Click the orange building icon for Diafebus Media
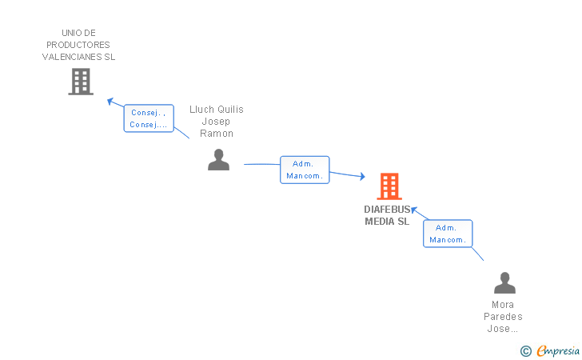click(389, 186)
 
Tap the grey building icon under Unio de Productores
click(81, 82)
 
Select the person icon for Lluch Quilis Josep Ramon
click(218, 160)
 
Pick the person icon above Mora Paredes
click(504, 282)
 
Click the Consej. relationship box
click(149, 118)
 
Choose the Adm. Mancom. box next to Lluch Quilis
click(305, 170)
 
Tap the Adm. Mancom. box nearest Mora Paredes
click(448, 234)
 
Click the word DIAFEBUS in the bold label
click(387, 210)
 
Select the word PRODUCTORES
click(78, 45)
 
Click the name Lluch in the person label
click(201, 110)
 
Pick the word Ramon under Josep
click(217, 134)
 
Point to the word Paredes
click(503, 317)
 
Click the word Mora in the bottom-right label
click(503, 305)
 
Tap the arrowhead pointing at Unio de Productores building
click(110, 101)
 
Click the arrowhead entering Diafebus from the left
click(362, 177)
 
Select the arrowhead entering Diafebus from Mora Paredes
click(414, 210)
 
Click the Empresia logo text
click(558, 350)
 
